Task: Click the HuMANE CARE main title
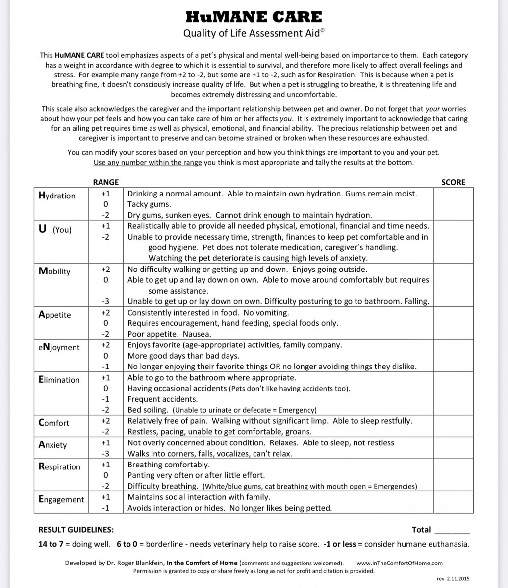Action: pos(254,17)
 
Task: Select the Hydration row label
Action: pos(57,196)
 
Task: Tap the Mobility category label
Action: pos(54,271)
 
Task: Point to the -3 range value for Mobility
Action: pos(105,301)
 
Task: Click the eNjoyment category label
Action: pos(59,347)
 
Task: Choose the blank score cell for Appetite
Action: pos(453,323)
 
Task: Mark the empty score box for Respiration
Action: pos(453,475)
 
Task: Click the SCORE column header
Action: pos(453,182)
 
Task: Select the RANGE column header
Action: pos(105,182)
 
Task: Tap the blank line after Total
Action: pos(452,530)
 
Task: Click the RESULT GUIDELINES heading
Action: pos(76,530)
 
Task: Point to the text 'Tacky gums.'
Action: pos(149,204)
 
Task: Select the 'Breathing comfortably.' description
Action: pos(168,465)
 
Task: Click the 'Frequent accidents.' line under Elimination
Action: pos(162,399)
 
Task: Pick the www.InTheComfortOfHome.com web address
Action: pos(400,563)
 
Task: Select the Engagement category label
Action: pos(61,499)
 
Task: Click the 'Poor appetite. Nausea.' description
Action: pos(169,334)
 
